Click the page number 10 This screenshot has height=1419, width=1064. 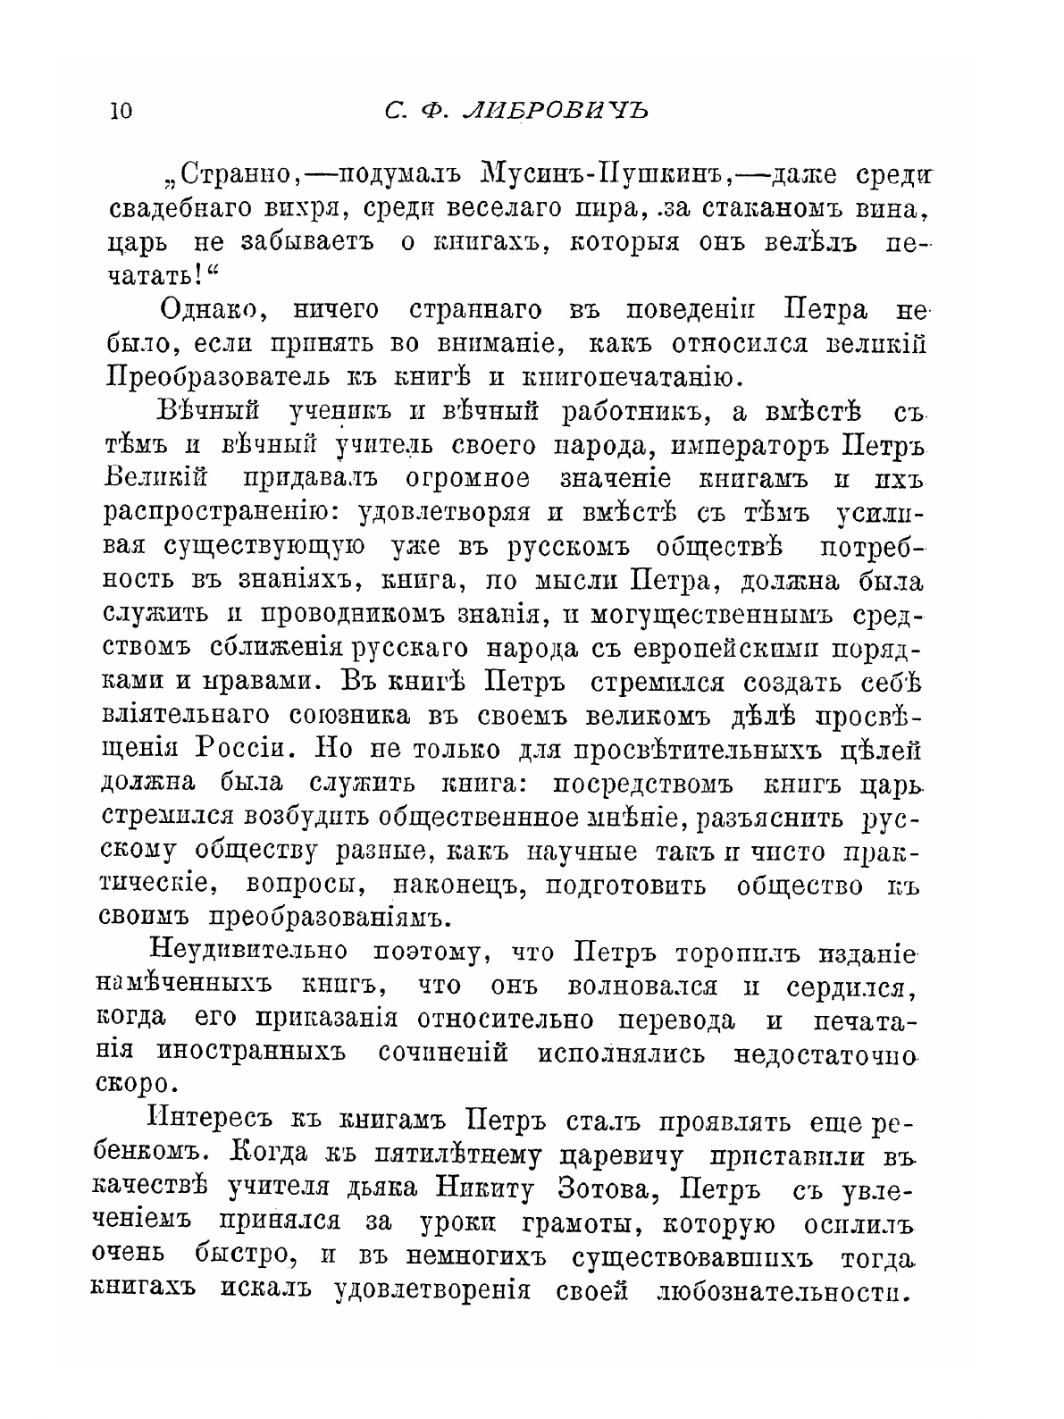point(120,112)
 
